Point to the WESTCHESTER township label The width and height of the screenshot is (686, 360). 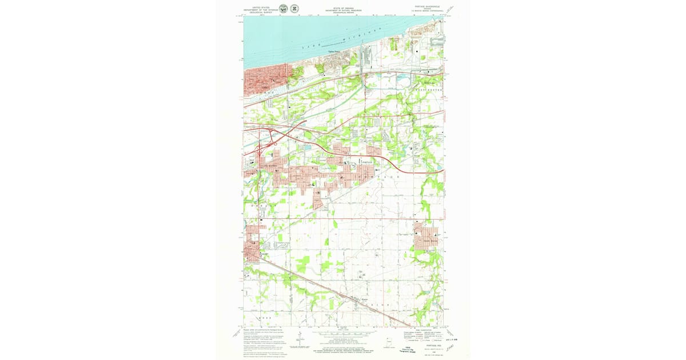click(426, 90)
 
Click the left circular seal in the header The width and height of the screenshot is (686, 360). click(283, 9)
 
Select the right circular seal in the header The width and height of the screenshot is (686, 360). click(294, 9)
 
